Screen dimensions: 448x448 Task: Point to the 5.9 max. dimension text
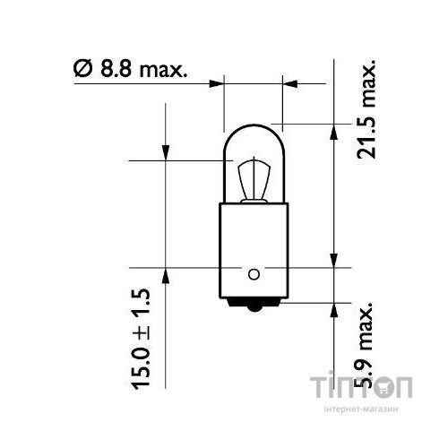(365, 348)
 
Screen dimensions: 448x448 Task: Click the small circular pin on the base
(253, 273)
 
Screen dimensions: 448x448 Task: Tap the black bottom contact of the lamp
(253, 308)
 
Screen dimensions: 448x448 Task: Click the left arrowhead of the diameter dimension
(215, 84)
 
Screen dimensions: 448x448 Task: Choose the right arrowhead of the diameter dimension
(290, 84)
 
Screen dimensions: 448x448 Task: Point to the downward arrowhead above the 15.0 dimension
(167, 153)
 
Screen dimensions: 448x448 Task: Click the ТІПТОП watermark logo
(361, 388)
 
